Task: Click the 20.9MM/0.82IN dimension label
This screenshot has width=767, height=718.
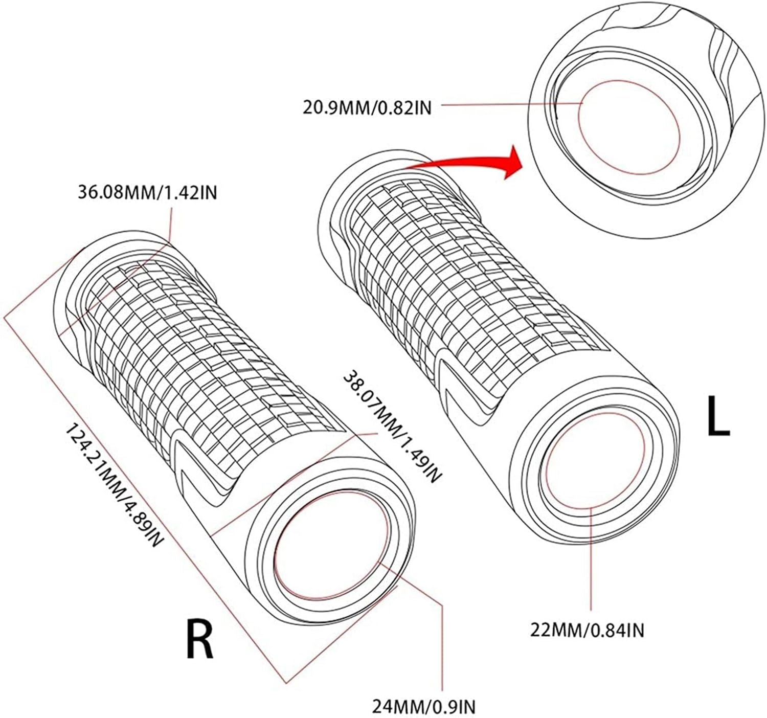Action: click(x=366, y=108)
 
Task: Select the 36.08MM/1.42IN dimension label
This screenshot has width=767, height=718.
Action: click(x=147, y=193)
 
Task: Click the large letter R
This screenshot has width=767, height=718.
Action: click(x=200, y=638)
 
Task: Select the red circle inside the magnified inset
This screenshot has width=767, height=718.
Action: click(x=629, y=128)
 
